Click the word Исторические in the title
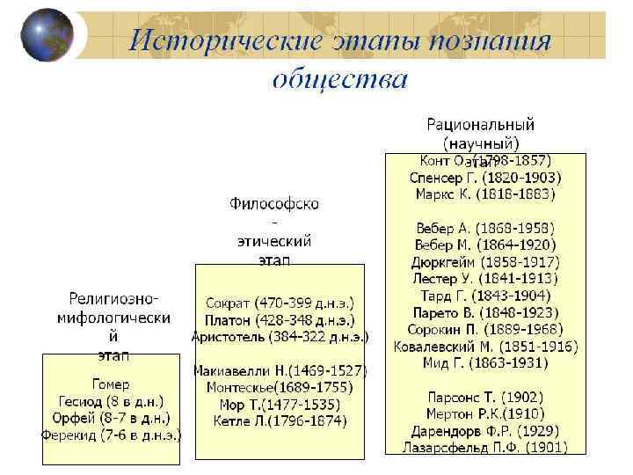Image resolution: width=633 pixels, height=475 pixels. (223, 40)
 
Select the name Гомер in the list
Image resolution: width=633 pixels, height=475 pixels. (111, 384)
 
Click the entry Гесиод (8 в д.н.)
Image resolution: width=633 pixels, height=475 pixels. (111, 401)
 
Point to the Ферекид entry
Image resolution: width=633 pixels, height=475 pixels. (111, 434)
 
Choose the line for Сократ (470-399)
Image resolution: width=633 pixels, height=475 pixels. (280, 303)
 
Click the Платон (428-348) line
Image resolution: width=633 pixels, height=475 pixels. (280, 319)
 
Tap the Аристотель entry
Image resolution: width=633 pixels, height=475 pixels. (280, 336)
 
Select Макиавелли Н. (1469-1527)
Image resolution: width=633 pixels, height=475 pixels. (280, 371)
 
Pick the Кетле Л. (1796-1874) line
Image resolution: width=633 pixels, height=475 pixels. (280, 420)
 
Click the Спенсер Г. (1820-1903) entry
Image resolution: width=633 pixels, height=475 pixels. (485, 177)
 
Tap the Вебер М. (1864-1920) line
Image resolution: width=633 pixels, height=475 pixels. (485, 245)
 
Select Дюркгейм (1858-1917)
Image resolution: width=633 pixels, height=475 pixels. (485, 261)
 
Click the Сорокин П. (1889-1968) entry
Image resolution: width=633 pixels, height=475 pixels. (485, 328)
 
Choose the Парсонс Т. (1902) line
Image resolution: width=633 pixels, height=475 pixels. (485, 397)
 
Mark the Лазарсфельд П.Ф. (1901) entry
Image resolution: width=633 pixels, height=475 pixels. (485, 447)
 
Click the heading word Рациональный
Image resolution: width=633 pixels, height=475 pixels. (481, 124)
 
